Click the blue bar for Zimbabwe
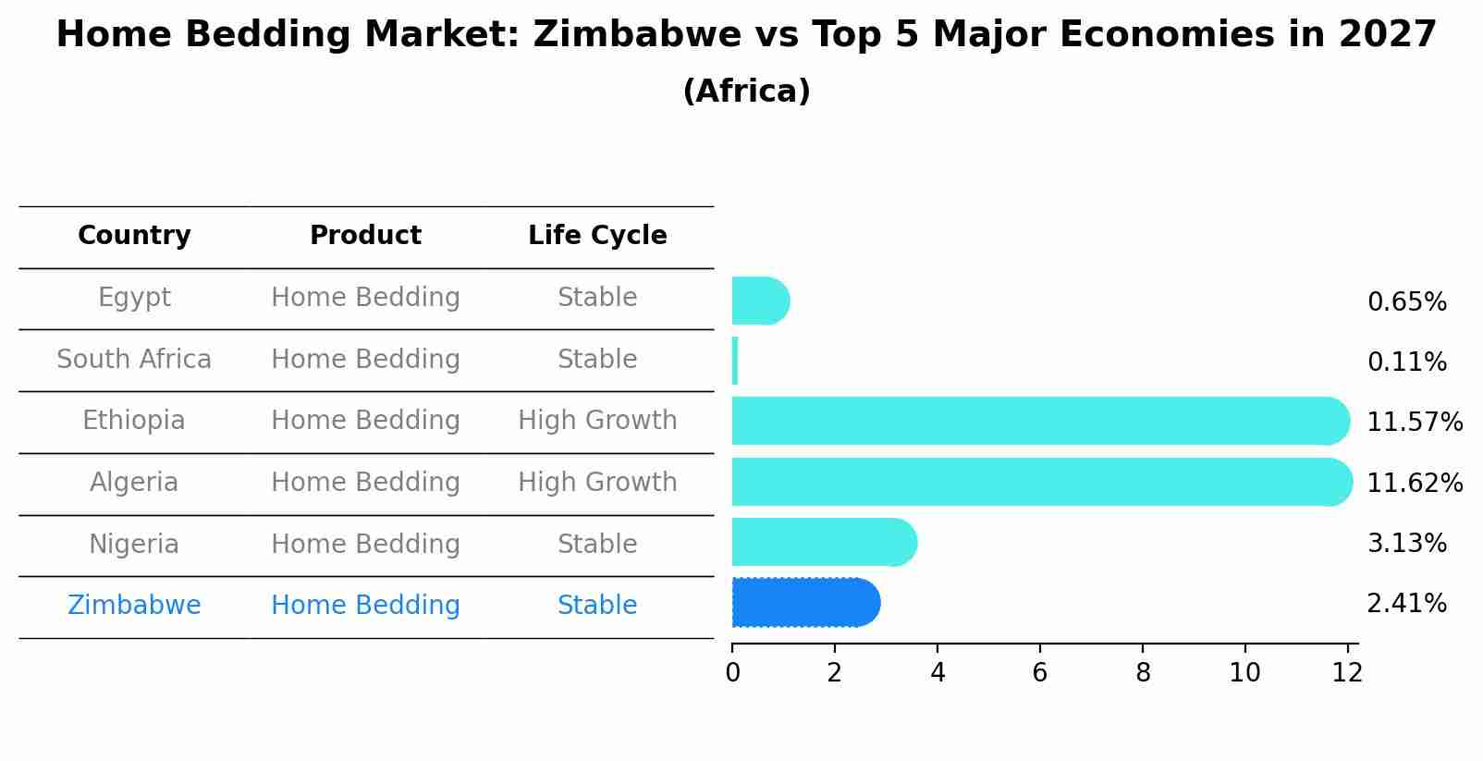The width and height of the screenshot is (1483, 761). [x=804, y=603]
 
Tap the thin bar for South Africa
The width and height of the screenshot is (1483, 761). [x=735, y=361]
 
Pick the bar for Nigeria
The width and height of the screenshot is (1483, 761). [x=823, y=542]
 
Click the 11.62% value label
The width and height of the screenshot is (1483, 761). [x=1414, y=484]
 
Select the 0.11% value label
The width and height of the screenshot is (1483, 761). [x=1406, y=362]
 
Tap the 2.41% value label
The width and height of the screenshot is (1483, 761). [x=1406, y=604]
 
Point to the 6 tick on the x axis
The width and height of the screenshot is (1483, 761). [x=1040, y=673]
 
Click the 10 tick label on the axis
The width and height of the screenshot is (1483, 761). [x=1244, y=673]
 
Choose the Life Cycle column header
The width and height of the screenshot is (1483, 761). [x=597, y=236]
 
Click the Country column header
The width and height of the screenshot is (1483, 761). [x=134, y=236]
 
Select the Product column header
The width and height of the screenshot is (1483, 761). [x=365, y=236]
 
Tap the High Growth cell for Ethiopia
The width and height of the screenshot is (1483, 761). [x=597, y=421]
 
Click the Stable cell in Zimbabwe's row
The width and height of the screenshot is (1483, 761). [x=597, y=606]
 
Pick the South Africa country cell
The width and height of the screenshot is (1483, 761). [x=134, y=360]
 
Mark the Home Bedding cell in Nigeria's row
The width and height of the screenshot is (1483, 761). [x=365, y=545]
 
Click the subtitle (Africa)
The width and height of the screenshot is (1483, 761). [x=746, y=92]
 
